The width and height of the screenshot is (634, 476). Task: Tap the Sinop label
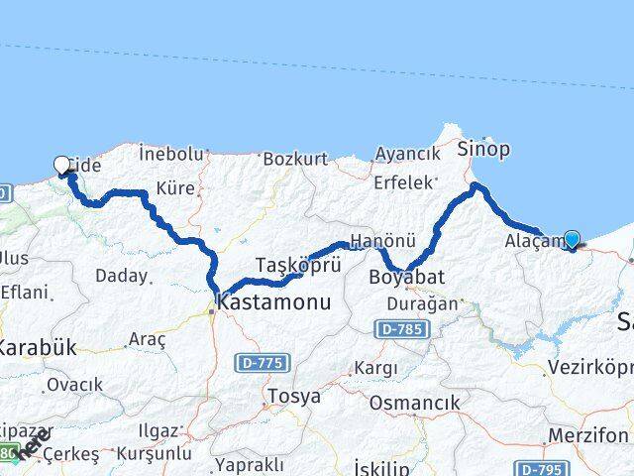[483, 150]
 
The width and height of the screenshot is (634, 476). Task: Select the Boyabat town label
[406, 277]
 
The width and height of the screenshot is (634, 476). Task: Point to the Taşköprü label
[284, 265]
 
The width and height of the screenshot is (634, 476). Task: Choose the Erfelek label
[403, 182]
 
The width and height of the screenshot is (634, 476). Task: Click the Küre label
[175, 187]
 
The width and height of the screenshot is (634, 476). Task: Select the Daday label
[123, 275]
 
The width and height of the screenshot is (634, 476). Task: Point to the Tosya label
[292, 397]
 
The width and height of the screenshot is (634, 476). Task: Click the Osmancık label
[414, 403]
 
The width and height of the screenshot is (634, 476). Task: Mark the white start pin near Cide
[61, 166]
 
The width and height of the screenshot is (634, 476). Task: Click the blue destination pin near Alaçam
[572, 238]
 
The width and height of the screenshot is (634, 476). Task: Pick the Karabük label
[37, 347]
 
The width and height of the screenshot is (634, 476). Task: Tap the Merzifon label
[592, 435]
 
